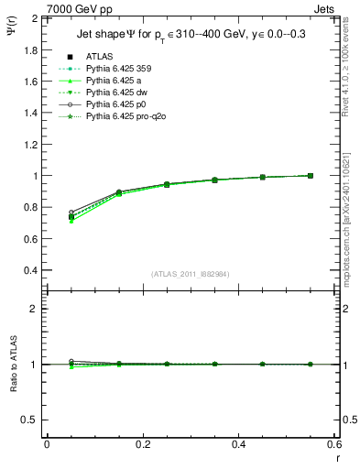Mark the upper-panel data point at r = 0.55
tap(311, 176)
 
